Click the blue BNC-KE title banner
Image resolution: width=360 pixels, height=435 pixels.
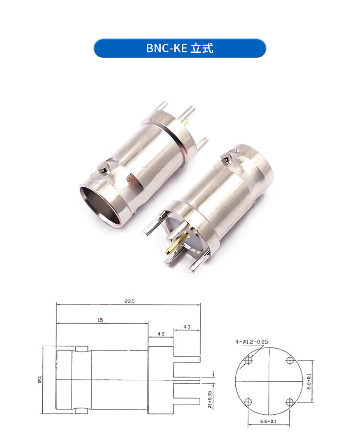pos(180,48)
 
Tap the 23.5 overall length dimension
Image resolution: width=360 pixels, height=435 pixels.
pos(130,301)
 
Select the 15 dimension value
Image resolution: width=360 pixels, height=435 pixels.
pos(100,320)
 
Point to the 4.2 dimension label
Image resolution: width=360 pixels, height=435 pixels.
pos(161,334)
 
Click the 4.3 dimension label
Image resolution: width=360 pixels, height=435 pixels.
pos(187,327)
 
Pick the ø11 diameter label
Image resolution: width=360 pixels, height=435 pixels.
pos(39,380)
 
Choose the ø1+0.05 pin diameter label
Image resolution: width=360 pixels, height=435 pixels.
pos(210,400)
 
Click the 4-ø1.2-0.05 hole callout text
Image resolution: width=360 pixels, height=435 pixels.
pos(252,342)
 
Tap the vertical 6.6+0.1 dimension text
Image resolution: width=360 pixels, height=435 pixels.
pos(309,381)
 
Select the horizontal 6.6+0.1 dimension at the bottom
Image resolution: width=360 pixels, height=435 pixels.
pos(268,422)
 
